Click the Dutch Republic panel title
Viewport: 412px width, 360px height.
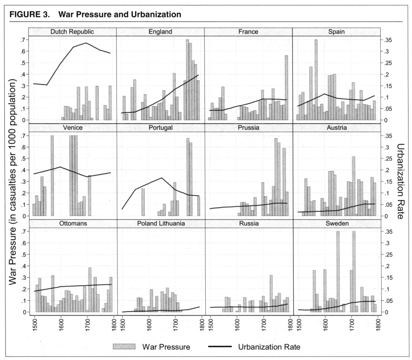tap(72, 32)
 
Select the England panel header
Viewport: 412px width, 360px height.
tap(160, 32)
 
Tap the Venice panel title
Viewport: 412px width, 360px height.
tap(72, 128)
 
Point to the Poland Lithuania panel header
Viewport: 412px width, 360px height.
tap(160, 224)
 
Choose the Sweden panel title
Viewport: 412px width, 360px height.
tap(336, 224)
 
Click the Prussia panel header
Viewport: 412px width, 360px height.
tap(248, 128)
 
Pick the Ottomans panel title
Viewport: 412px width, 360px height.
tap(72, 224)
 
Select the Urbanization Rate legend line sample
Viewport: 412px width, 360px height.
tap(223, 347)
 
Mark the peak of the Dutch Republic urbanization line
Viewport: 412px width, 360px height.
tap(87, 43)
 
